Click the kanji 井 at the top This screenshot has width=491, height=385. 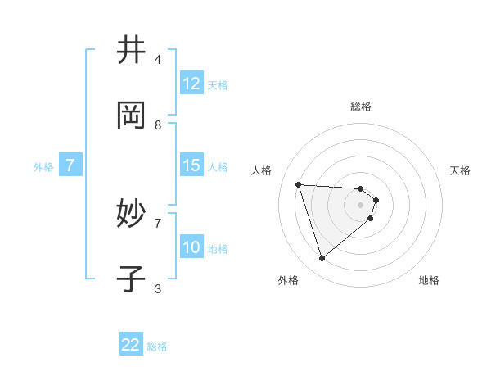point(131,50)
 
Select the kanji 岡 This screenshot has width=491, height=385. point(131,115)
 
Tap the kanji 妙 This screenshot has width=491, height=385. point(131,214)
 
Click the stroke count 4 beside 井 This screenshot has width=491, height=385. point(158,59)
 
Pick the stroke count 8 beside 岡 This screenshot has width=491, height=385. point(158,125)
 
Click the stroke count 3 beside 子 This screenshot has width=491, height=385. point(158,288)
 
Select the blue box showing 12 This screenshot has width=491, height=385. point(191,84)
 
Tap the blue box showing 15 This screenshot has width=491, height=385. point(191,165)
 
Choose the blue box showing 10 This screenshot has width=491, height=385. point(191,247)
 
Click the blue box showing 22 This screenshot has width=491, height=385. point(131,345)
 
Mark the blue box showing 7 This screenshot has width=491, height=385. point(70,165)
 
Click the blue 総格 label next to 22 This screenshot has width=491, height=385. point(158,346)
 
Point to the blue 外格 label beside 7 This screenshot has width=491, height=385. point(43,167)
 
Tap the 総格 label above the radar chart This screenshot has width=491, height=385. point(361,106)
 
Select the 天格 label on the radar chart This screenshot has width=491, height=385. point(461,170)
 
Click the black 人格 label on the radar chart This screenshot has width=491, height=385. point(262,170)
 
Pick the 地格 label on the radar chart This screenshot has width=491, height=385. point(429,280)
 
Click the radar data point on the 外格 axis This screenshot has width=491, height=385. point(322,259)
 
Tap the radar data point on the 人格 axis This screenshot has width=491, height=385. point(299,184)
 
